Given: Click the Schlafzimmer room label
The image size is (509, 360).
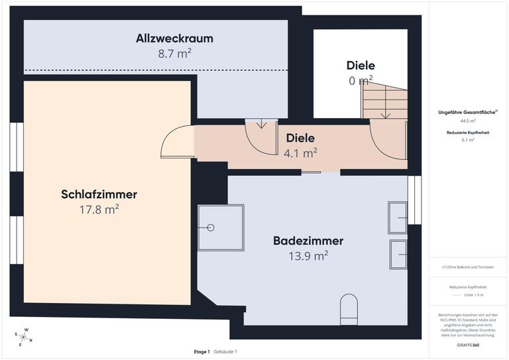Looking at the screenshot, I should click(x=99, y=194).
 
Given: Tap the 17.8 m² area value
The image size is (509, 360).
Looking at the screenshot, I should click(x=99, y=210).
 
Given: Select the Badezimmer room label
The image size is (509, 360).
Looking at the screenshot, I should click(x=308, y=241).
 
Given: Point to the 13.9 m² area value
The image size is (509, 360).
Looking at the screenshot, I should click(x=308, y=255).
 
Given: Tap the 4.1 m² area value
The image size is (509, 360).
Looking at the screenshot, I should click(x=300, y=153).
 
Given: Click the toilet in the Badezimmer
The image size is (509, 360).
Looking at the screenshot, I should click(x=348, y=309).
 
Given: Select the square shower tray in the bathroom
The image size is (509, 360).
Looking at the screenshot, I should click(x=221, y=227).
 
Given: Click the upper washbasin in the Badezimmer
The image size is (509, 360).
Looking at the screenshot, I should click(x=398, y=217).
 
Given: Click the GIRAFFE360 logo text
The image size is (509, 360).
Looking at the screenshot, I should click(x=468, y=346).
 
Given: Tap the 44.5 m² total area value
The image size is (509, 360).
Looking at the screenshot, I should click(x=468, y=121).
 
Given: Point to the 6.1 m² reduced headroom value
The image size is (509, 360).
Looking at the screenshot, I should click(x=468, y=141).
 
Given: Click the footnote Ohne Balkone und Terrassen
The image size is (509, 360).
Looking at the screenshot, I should click(x=468, y=267).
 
